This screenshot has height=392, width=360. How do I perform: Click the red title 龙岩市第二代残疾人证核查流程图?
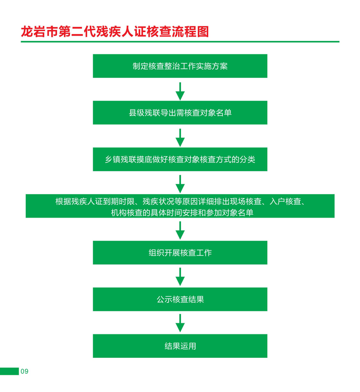pos(115,32)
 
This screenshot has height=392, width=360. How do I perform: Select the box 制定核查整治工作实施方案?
pos(180,66)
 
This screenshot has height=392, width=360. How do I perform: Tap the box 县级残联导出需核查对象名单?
pos(180,112)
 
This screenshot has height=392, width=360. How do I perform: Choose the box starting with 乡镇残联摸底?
pos(180,159)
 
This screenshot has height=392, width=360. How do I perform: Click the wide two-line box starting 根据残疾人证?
pos(180,206)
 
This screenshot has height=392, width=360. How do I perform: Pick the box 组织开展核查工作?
pos(180,253)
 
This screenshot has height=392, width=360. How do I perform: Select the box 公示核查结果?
pos(180,299)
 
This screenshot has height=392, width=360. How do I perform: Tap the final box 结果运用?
pos(180,346)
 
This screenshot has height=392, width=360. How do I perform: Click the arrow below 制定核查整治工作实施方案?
pos(180,91)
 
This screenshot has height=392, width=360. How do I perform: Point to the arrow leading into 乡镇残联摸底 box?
pos(180,138)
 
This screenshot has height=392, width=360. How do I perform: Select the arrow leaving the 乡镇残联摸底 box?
pos(180,184)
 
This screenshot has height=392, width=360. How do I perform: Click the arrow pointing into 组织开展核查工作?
pos(180,231)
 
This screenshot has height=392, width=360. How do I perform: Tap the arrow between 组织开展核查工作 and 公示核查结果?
pos(180,277)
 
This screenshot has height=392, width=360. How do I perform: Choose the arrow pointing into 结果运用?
pos(180,323)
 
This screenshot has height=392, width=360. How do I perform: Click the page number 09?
pos(24,371)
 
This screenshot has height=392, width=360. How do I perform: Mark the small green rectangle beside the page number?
pos(9,371)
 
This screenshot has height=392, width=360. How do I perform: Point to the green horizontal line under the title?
pos(180,42)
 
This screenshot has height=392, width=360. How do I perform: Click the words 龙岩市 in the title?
pos(39,32)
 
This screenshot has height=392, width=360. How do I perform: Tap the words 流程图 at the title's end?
pos(190,32)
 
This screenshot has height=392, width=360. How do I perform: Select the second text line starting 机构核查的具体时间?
pos(182,212)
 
